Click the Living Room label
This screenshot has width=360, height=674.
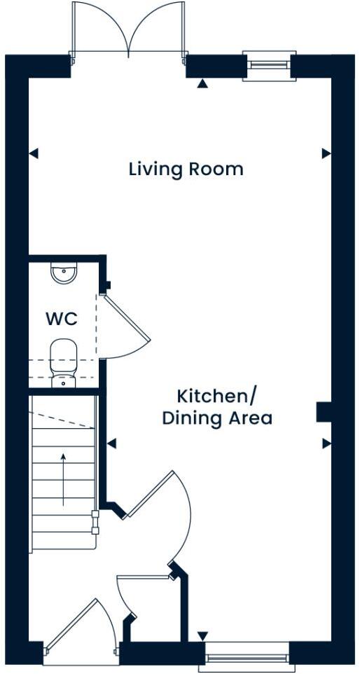pos(186,169)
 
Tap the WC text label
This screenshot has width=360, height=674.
pos(62,319)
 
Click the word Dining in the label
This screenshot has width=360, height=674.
pos(189,419)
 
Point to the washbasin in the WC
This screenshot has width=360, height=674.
pos(64,274)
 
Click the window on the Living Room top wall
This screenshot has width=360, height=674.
pos(269,65)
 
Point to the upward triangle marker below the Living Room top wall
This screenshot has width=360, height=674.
pos(202,84)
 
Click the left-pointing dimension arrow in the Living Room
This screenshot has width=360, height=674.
pos(33,153)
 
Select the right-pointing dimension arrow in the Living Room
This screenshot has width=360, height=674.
pos(326,153)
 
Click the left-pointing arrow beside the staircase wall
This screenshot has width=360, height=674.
pos(111,443)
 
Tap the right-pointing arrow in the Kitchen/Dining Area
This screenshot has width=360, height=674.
pos(326,443)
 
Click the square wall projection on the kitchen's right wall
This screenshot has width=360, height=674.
pos(323,412)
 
